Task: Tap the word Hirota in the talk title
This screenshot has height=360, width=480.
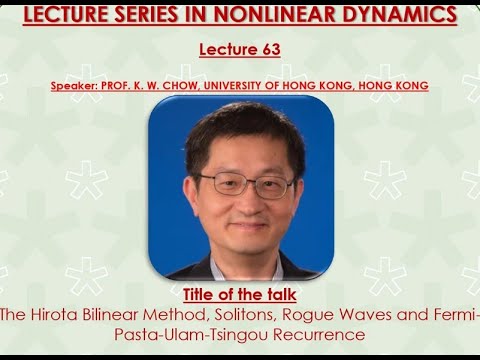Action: [55, 315]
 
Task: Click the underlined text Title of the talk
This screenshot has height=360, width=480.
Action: [241, 295]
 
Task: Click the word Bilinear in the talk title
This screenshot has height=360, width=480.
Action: [113, 315]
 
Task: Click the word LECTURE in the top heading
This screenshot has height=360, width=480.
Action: [71, 14]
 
